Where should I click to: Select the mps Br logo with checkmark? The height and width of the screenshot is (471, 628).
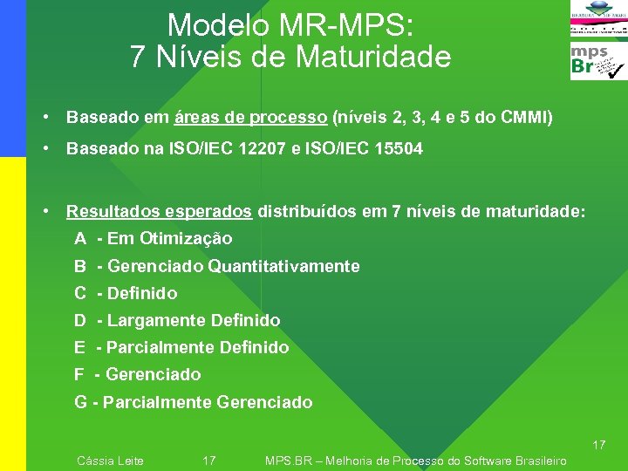coord(598,62)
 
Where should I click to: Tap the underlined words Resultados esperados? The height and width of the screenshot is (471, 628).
coord(160,211)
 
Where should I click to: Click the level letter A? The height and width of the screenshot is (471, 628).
coord(80,239)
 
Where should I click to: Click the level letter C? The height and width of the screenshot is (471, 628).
coord(80,293)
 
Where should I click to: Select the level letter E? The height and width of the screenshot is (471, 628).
coord(79,347)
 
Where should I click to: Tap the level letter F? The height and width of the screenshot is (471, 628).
coord(79,374)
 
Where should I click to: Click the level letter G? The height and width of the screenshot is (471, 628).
coord(80,402)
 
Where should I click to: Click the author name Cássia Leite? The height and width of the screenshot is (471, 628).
coord(111,461)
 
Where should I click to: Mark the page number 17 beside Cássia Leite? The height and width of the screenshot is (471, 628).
coord(209,461)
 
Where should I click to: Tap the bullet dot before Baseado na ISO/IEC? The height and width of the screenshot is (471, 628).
coord(55,149)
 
